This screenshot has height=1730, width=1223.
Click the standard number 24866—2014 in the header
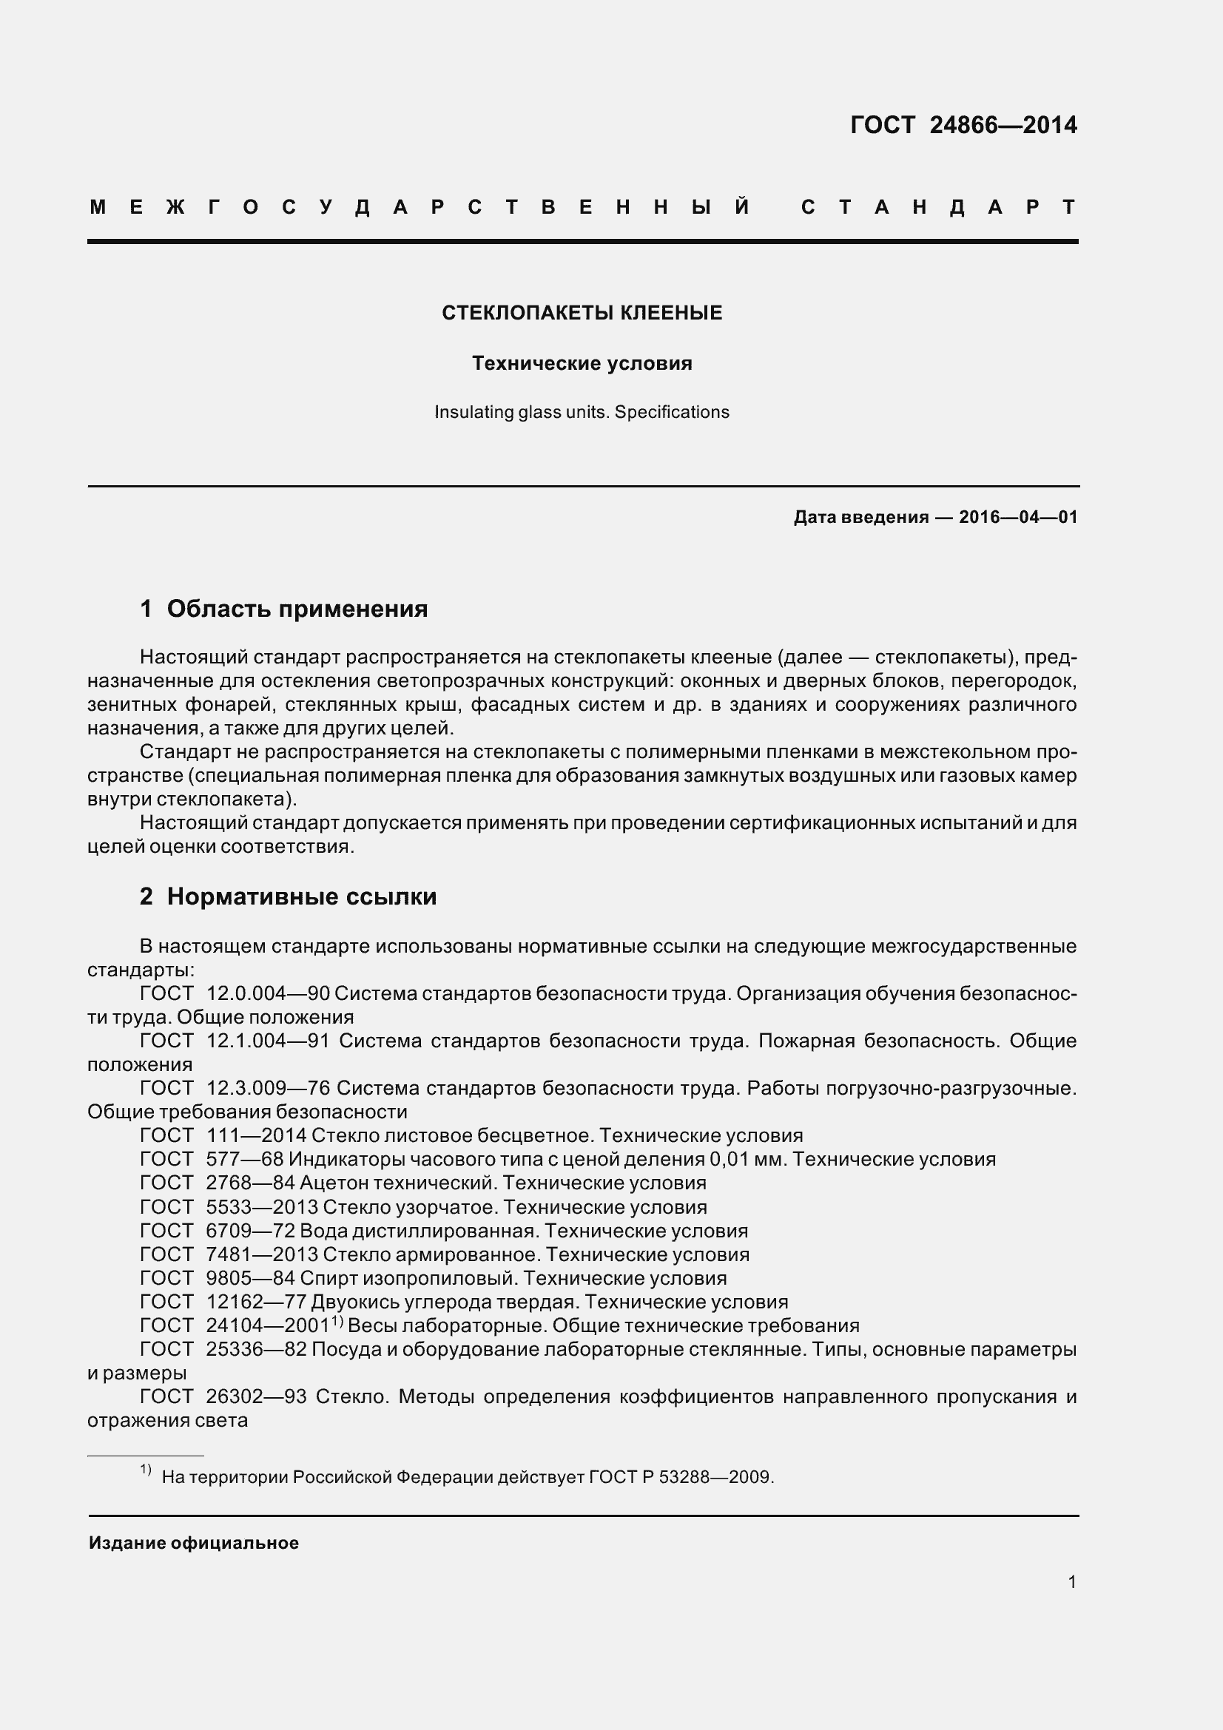(x=1003, y=125)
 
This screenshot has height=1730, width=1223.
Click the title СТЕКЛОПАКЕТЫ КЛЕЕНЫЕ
(x=582, y=313)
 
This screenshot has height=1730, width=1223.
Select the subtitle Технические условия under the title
(x=582, y=363)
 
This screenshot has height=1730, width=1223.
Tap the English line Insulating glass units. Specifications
(x=582, y=412)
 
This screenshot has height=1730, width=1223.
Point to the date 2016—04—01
(x=1018, y=517)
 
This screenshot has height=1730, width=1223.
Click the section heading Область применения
(x=297, y=609)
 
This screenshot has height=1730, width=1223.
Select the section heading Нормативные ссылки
(x=301, y=896)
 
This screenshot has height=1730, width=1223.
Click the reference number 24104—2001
(x=268, y=1326)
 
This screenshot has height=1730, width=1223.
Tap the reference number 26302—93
(x=256, y=1397)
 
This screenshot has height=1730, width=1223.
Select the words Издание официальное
(x=194, y=1543)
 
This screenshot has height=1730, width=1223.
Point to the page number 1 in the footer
(x=1071, y=1582)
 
